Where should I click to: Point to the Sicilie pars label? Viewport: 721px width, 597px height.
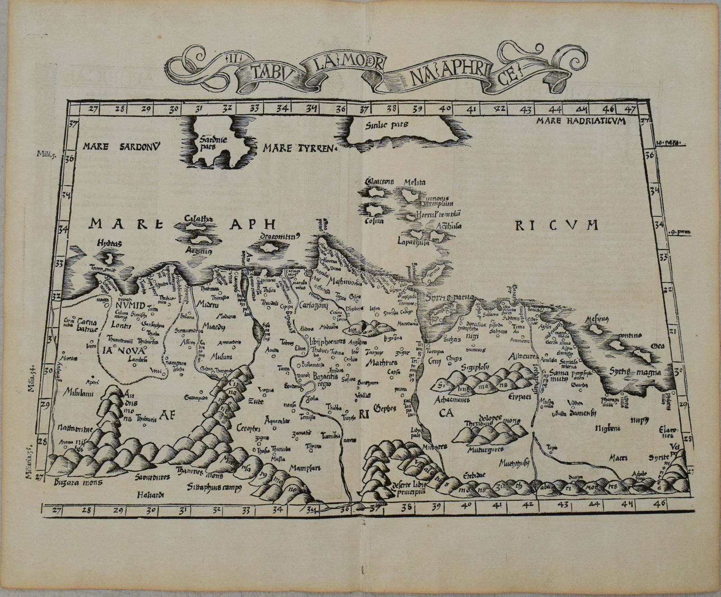[x=388, y=125]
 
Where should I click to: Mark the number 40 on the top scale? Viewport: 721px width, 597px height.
[x=444, y=109]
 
